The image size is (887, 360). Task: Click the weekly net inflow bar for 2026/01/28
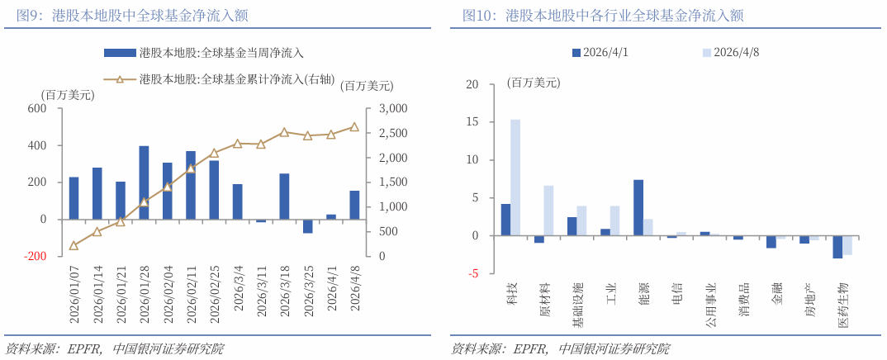click(x=144, y=182)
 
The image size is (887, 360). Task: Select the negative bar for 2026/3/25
click(x=307, y=226)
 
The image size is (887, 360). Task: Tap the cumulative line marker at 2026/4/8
click(x=354, y=127)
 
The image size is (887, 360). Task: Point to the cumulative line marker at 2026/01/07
click(x=74, y=245)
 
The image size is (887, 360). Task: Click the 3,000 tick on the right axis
click(x=392, y=109)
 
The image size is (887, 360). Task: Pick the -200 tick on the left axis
click(x=36, y=256)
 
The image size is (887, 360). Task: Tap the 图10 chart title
click(x=597, y=15)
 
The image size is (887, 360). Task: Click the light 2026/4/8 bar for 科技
click(x=515, y=178)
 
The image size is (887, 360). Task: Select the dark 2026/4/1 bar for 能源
click(x=638, y=207)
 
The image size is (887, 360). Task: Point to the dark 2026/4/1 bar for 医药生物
click(x=837, y=247)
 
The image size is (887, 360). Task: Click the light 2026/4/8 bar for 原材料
click(x=548, y=211)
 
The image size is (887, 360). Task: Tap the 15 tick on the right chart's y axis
click(x=472, y=122)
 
